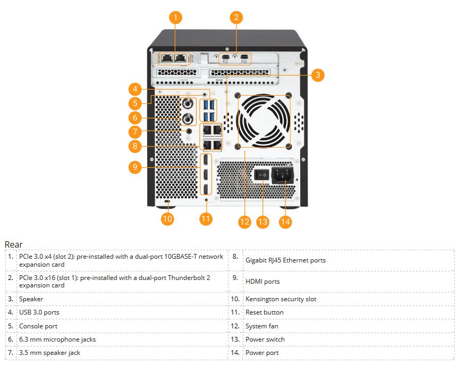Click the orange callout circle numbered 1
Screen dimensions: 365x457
[x=175, y=18]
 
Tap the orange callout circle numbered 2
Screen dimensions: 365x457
[x=237, y=18]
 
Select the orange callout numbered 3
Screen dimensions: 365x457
[x=317, y=75]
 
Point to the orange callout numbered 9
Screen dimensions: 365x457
[x=135, y=167]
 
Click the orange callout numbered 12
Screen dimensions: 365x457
[x=244, y=222]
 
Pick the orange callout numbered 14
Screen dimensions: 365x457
[x=285, y=222]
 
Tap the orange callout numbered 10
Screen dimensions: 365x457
[x=167, y=218]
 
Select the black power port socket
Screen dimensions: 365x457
[x=283, y=174]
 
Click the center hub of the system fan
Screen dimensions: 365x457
[x=264, y=121]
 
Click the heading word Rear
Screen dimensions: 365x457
[x=14, y=244]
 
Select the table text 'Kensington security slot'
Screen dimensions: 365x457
[x=281, y=299]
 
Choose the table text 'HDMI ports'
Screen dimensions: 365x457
[x=262, y=282]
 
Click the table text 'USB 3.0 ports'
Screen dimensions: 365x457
[x=39, y=312]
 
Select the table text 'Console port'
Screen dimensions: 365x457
[x=38, y=326]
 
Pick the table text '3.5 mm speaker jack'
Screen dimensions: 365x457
[x=49, y=353]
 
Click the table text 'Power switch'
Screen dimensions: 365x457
[x=265, y=339]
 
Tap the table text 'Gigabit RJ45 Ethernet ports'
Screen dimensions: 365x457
[x=285, y=260]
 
